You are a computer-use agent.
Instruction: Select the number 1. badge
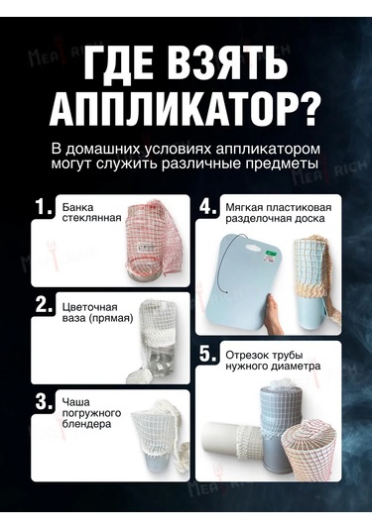tap(44, 207)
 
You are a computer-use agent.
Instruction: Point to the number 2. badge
tap(44, 305)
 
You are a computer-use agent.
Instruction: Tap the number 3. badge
tap(44, 402)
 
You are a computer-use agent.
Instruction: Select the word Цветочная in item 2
tap(89, 307)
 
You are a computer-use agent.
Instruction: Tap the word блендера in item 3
tap(86, 424)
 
